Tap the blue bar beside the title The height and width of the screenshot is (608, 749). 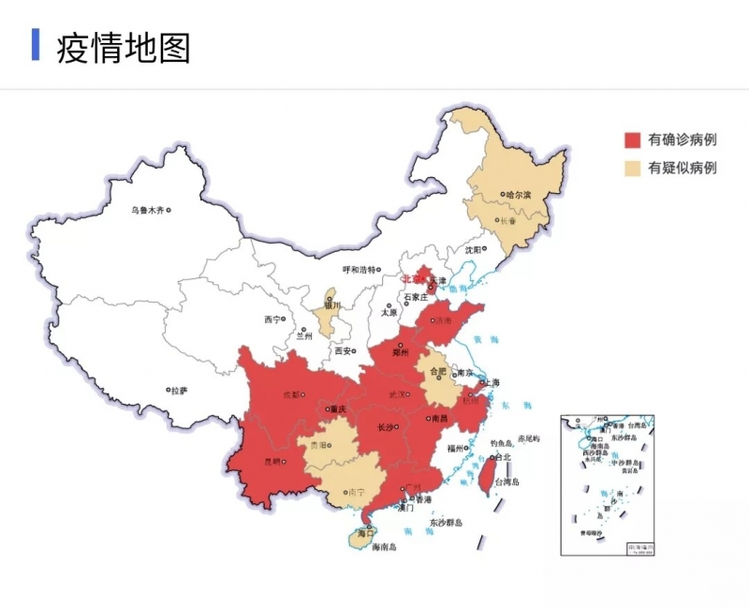pyautogui.click(x=36, y=45)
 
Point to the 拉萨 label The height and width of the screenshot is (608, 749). pyautogui.click(x=178, y=390)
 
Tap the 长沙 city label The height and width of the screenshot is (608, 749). pyautogui.click(x=385, y=427)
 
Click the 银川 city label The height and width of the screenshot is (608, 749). pyautogui.click(x=332, y=305)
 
